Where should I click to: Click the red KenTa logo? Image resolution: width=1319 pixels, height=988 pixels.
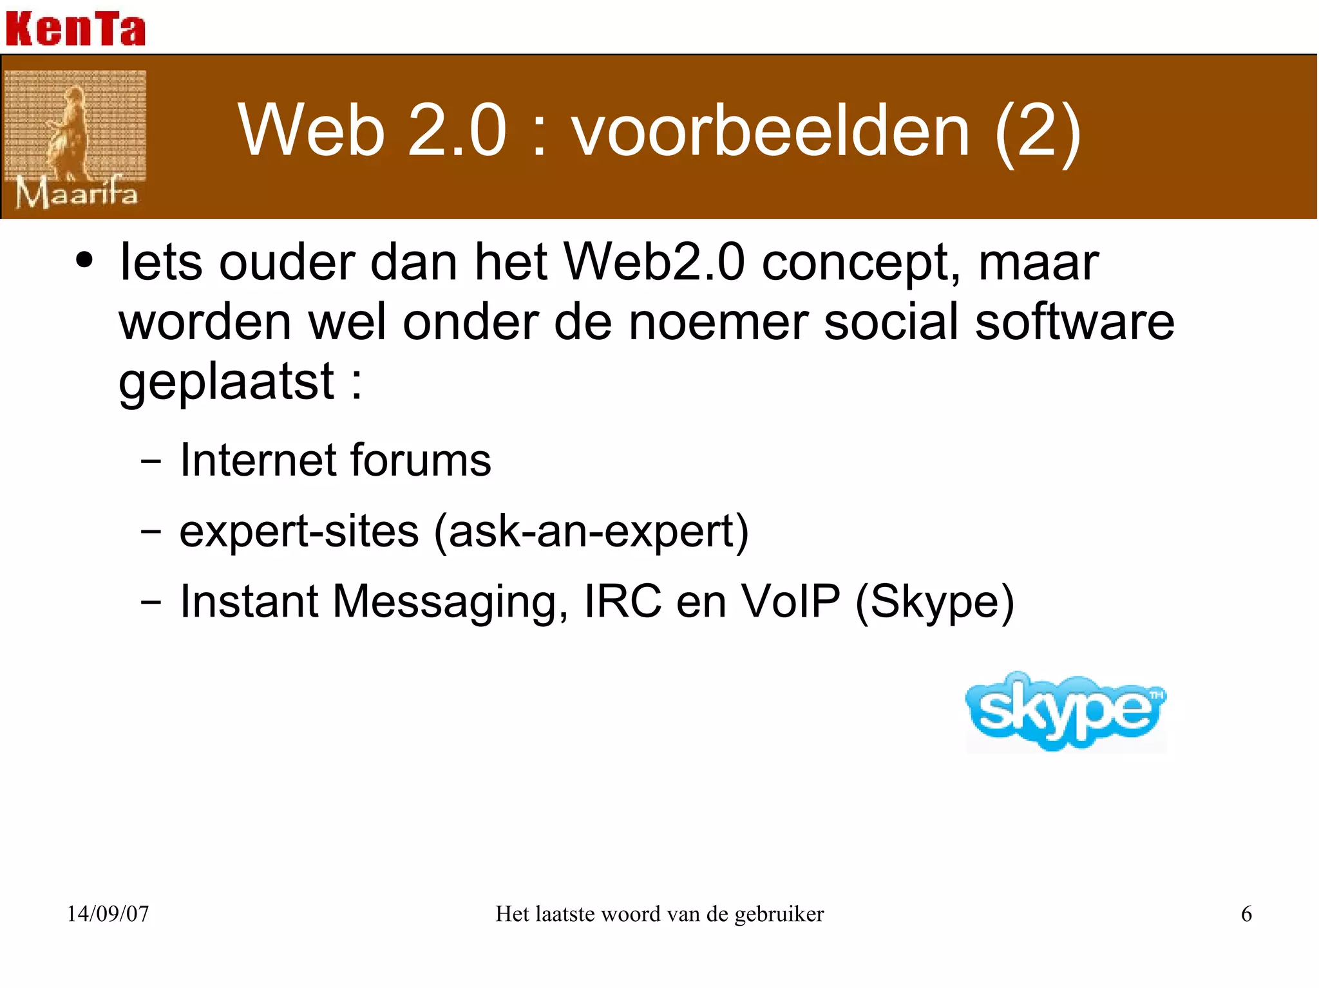(75, 29)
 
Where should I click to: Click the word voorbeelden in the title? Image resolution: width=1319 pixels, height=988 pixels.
(770, 131)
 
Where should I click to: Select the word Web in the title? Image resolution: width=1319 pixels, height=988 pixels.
(312, 131)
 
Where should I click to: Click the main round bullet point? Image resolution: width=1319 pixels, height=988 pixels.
(84, 261)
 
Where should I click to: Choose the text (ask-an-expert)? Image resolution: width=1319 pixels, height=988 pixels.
(591, 532)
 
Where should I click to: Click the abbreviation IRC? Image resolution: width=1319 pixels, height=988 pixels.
(622, 601)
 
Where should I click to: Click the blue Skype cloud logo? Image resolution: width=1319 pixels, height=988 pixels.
(1066, 711)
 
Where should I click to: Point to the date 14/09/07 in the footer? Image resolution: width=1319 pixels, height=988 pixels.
(108, 914)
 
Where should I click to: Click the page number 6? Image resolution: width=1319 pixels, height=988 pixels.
(1246, 914)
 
